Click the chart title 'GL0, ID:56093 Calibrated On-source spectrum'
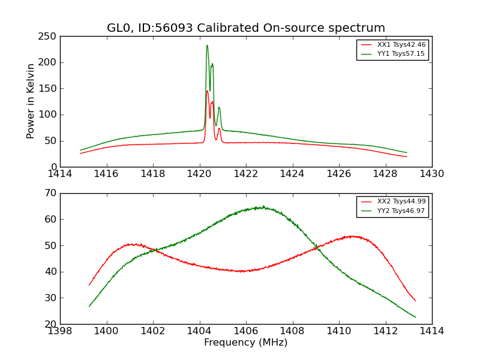click(x=246, y=28)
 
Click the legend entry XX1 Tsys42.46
click(x=401, y=45)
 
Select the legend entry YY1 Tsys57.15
click(x=401, y=54)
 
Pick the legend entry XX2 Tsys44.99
click(x=401, y=202)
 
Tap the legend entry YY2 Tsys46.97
click(x=401, y=211)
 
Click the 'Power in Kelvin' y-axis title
click(x=31, y=101)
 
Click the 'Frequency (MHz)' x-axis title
click(x=246, y=343)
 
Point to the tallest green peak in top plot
click(x=207, y=45)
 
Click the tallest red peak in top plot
click(x=207, y=91)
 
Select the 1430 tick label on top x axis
click(x=432, y=174)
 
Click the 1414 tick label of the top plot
click(x=60, y=174)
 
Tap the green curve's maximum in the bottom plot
click(x=263, y=207)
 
